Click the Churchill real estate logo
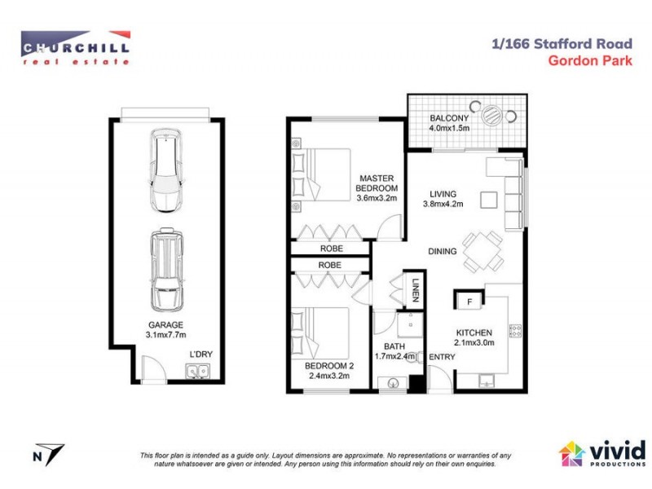coord(75,47)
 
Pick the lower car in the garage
coord(167,270)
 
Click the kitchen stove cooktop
coord(514,331)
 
